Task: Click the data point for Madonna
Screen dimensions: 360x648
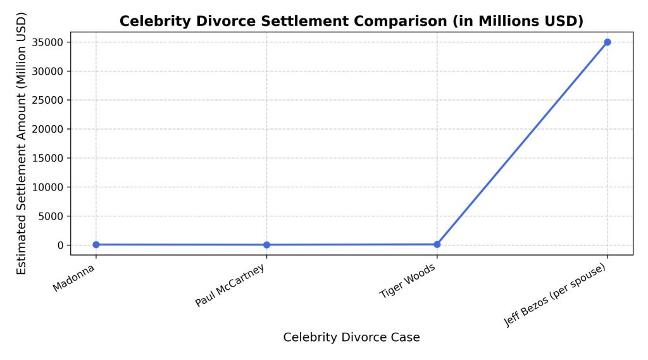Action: tap(96, 244)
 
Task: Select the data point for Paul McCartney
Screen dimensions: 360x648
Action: tap(266, 245)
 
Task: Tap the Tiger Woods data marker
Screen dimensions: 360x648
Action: tap(437, 244)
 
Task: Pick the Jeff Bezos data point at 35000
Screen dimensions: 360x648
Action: tap(607, 42)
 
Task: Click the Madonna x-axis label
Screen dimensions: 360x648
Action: tap(75, 278)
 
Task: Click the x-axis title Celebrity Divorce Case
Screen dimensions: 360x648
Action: tap(351, 337)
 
